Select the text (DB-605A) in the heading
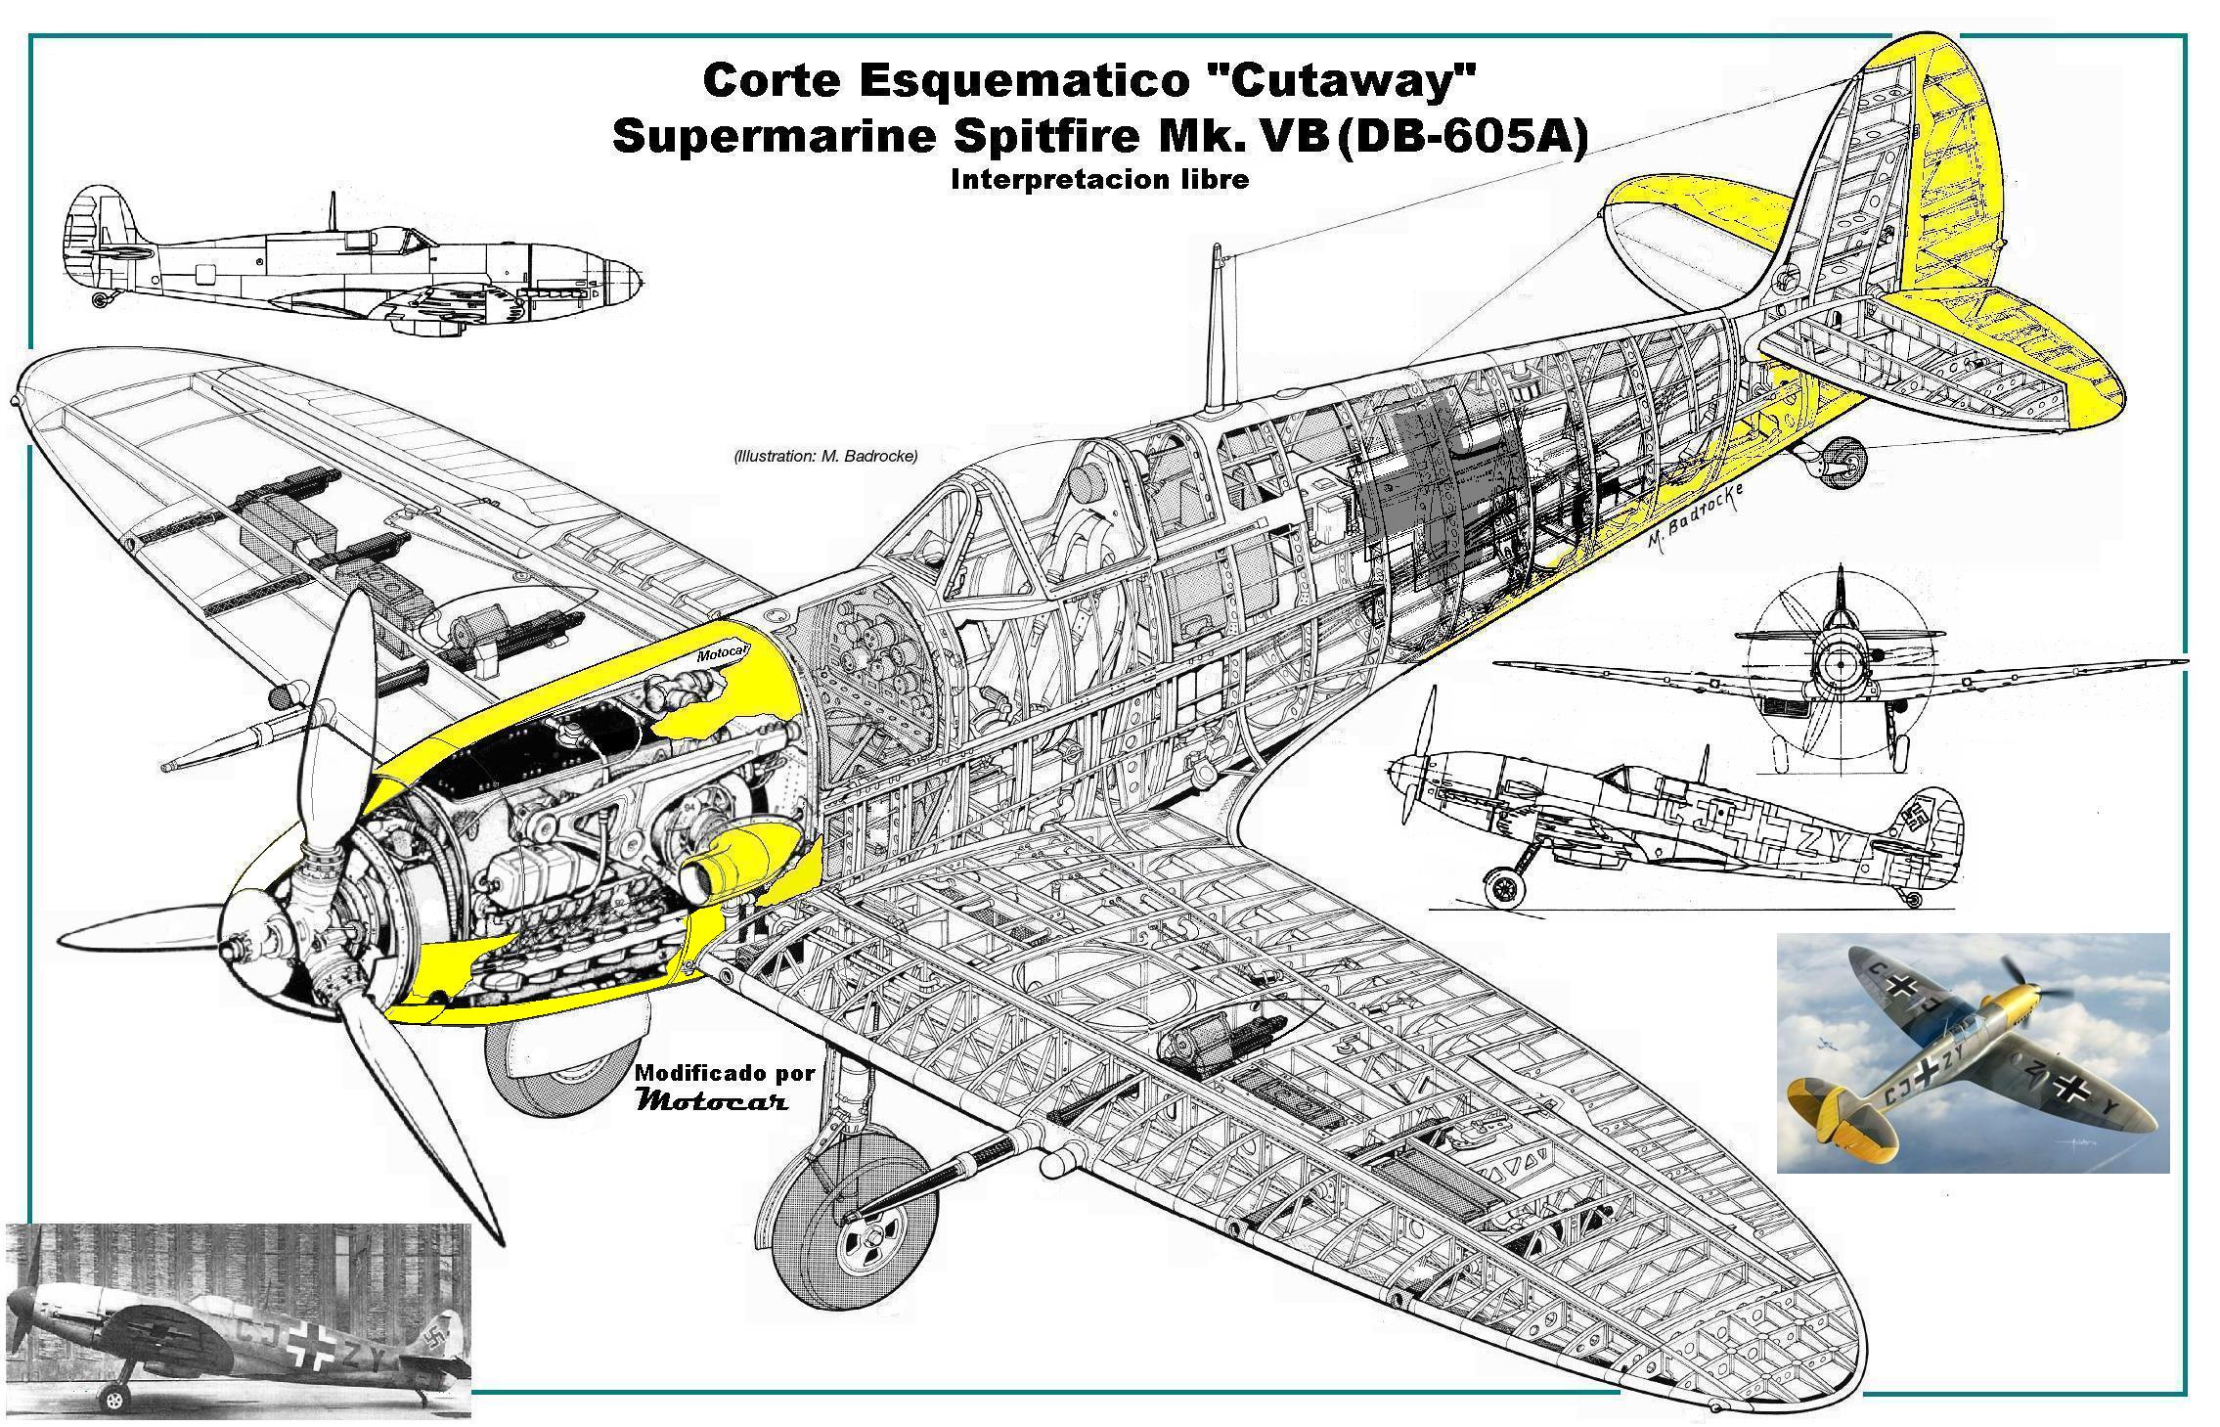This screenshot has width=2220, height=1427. (x=1461, y=138)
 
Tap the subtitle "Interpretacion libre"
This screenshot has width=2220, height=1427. (x=1098, y=180)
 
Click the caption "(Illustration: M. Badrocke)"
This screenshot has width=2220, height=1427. (x=824, y=456)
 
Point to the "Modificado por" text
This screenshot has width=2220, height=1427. (x=725, y=1073)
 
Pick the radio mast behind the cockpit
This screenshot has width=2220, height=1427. (x=1216, y=328)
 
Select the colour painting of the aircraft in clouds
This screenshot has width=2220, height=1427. (x=1972, y=1053)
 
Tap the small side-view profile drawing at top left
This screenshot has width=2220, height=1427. (x=352, y=262)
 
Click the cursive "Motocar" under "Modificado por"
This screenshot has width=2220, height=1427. (x=711, y=1101)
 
